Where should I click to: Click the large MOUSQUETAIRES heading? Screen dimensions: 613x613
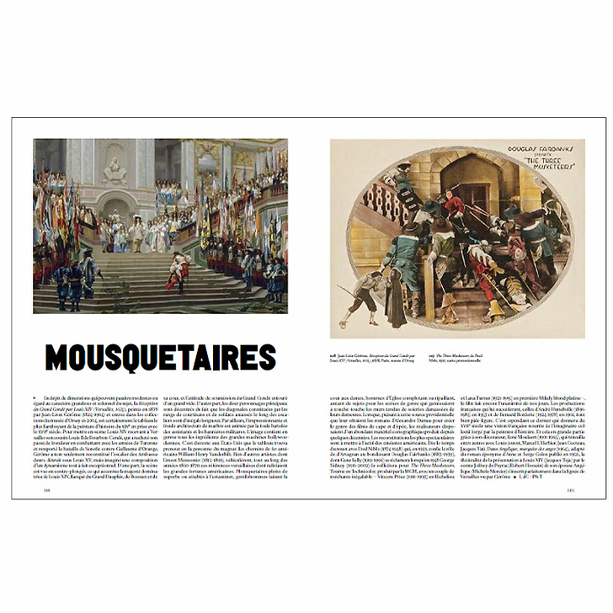pyautogui.click(x=160, y=357)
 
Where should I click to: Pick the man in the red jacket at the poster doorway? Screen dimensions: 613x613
pyautogui.click(x=455, y=205)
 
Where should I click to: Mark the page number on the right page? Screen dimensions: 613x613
pyautogui.click(x=569, y=492)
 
